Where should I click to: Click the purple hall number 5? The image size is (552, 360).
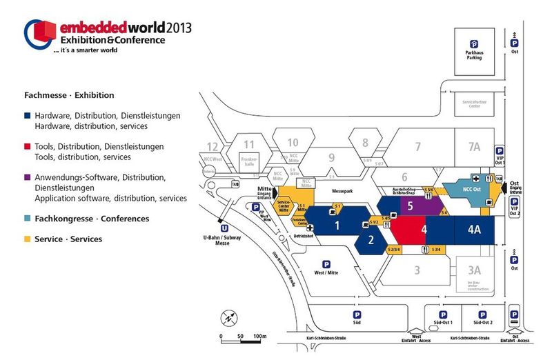(410, 206)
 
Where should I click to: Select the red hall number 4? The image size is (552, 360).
(425, 230)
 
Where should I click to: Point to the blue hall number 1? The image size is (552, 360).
(337, 225)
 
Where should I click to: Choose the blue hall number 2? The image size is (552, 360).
(371, 240)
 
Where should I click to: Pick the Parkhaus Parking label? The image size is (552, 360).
(473, 54)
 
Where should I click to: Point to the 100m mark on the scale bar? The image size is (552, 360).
(260, 336)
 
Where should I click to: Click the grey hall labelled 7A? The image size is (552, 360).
(473, 146)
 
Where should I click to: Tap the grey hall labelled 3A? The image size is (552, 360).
(473, 270)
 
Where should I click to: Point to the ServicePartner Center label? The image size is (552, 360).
(474, 104)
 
